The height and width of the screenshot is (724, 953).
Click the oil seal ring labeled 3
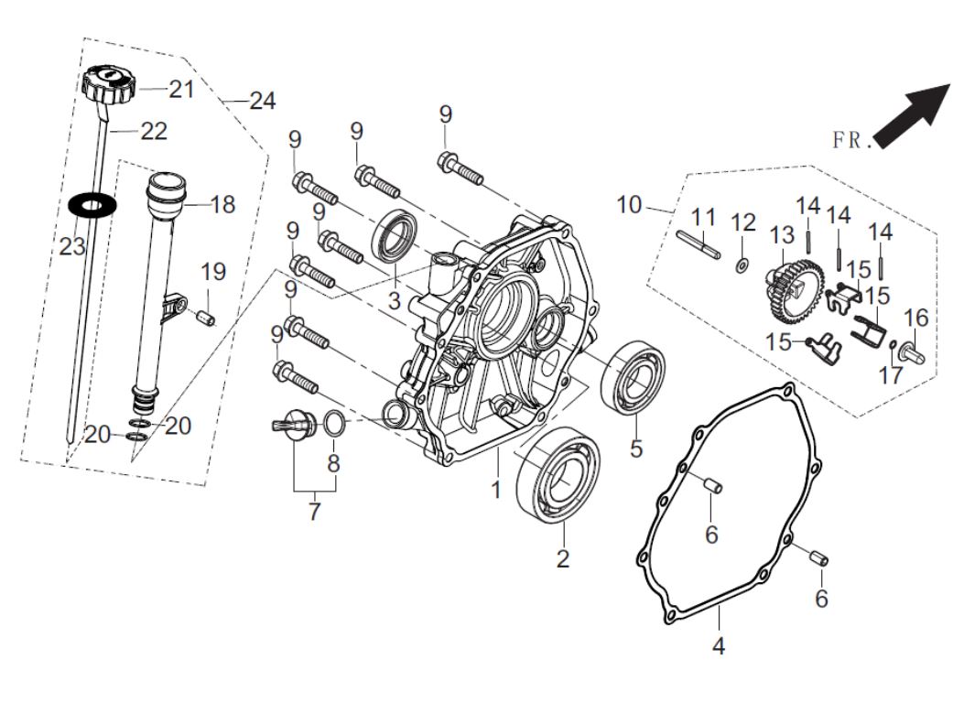click(x=396, y=234)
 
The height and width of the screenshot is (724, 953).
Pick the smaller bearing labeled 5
click(x=631, y=376)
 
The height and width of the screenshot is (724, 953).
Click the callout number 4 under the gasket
click(x=719, y=646)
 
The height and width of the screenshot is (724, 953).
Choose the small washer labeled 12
click(x=742, y=266)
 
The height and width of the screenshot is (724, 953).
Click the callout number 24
click(x=263, y=102)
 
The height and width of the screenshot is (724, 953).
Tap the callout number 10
click(x=629, y=204)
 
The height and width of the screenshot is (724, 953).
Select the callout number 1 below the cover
click(x=495, y=490)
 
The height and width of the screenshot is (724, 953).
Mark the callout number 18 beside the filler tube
click(x=223, y=204)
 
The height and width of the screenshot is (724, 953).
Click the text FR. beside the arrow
click(x=850, y=140)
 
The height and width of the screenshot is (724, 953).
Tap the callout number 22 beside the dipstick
click(x=154, y=132)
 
